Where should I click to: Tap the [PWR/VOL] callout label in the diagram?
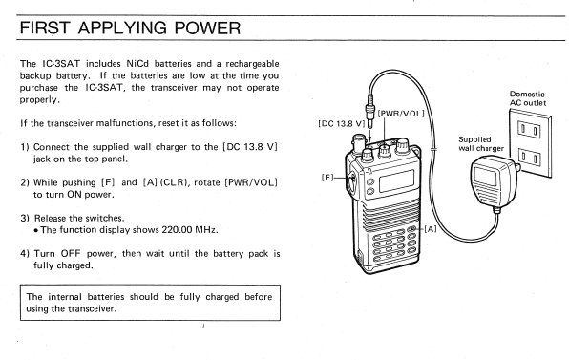(x=401, y=114)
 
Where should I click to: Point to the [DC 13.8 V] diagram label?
(x=342, y=124)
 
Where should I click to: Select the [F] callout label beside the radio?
(x=327, y=178)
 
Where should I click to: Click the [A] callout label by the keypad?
(x=430, y=229)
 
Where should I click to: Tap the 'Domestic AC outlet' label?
(x=528, y=98)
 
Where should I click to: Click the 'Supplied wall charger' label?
(x=481, y=143)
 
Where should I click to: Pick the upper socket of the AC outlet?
(x=529, y=130)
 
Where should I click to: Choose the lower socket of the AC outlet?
(x=529, y=157)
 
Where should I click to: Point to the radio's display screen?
(x=396, y=180)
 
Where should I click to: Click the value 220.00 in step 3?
(x=177, y=230)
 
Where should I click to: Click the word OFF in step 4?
(x=71, y=254)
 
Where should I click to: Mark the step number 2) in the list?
(x=25, y=182)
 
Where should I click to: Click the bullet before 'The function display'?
(x=36, y=230)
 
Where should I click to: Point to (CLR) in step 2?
(x=174, y=182)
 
